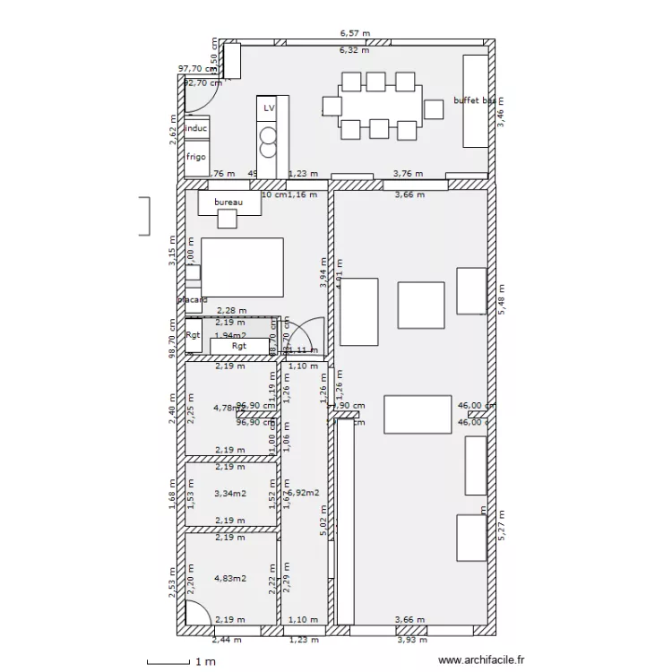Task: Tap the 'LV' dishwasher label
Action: tap(268, 108)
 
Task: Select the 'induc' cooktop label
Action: tap(196, 129)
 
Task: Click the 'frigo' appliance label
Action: tap(196, 157)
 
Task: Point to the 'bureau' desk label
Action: tap(228, 202)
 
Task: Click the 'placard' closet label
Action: tap(193, 300)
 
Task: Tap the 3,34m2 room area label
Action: tap(229, 493)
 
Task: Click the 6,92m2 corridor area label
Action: tap(305, 493)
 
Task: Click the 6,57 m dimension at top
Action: tap(354, 33)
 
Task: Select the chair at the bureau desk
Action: tap(228, 219)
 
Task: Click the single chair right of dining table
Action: tap(434, 109)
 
